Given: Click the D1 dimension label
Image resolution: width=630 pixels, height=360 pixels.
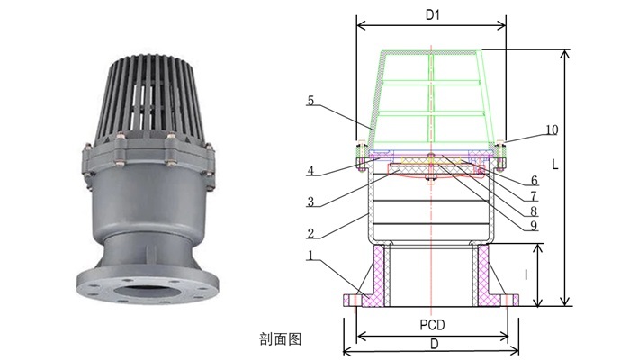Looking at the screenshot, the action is (x=432, y=15).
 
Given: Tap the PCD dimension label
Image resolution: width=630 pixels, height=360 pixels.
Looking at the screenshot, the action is (x=432, y=325).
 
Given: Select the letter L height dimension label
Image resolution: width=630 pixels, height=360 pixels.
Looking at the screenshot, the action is (x=555, y=165).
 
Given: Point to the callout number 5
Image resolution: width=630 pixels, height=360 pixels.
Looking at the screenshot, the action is (x=310, y=101).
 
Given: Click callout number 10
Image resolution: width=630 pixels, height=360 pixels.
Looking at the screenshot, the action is (x=552, y=130).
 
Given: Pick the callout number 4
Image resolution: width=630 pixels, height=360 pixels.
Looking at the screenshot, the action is (x=310, y=171).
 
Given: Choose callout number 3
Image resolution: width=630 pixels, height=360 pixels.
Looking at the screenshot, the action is (x=310, y=202).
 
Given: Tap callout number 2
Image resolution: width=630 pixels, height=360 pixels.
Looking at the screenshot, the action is (x=310, y=233).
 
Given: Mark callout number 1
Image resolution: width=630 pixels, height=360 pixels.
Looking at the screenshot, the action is (x=310, y=256).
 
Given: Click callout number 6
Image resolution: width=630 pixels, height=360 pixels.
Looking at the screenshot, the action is (x=534, y=180).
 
